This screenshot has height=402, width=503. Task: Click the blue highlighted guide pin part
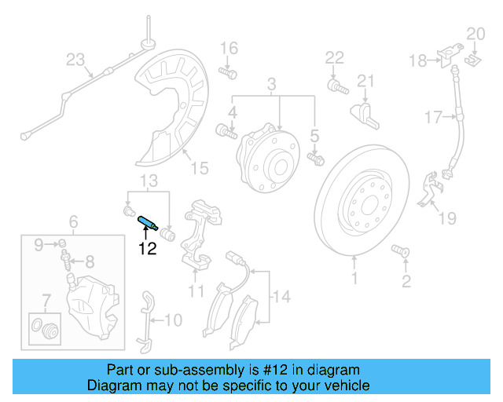[148, 222]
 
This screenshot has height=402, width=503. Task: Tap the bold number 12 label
[148, 250]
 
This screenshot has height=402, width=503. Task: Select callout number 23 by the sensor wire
[75, 59]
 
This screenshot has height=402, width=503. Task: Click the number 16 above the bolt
[228, 49]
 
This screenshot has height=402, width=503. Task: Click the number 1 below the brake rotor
[354, 278]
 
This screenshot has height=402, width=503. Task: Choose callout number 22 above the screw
[335, 57]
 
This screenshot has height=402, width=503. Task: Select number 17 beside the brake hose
[435, 118]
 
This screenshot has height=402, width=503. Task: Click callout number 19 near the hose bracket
[447, 217]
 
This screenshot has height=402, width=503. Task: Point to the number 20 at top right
[476, 34]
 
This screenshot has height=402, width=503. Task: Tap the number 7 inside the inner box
[46, 298]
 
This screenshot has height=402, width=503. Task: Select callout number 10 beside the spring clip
[172, 320]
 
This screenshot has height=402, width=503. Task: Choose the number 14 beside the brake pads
[281, 297]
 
